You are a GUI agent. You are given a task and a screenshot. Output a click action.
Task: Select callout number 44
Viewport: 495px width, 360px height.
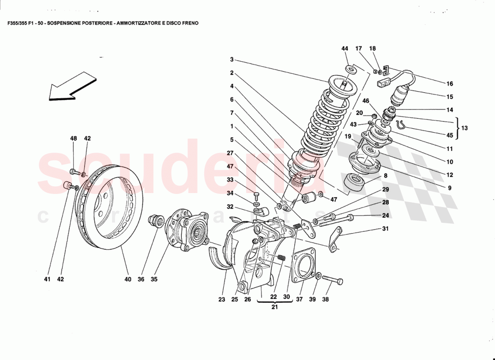[x=345, y=49]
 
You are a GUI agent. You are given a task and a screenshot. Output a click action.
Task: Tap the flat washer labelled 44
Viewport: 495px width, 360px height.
[x=351, y=69]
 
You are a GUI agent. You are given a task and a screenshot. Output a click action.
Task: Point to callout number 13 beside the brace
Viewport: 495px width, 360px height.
[x=464, y=128]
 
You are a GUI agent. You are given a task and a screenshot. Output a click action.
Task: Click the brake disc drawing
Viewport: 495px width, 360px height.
[x=112, y=207]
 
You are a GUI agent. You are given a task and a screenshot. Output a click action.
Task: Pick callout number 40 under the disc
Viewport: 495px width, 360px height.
[x=128, y=279]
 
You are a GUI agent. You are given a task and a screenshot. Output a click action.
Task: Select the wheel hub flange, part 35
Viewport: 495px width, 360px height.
[x=187, y=230]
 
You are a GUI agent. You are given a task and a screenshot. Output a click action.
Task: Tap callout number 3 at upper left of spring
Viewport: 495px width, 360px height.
[x=231, y=59]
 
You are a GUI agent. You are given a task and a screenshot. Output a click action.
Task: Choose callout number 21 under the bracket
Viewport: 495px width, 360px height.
[x=274, y=307]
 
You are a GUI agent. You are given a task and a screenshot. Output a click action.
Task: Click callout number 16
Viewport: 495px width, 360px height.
[x=450, y=84]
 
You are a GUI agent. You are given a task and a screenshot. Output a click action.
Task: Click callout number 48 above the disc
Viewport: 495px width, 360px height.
[x=74, y=139]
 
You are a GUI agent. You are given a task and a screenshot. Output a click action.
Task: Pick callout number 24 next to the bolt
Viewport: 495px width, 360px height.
[x=386, y=216]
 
